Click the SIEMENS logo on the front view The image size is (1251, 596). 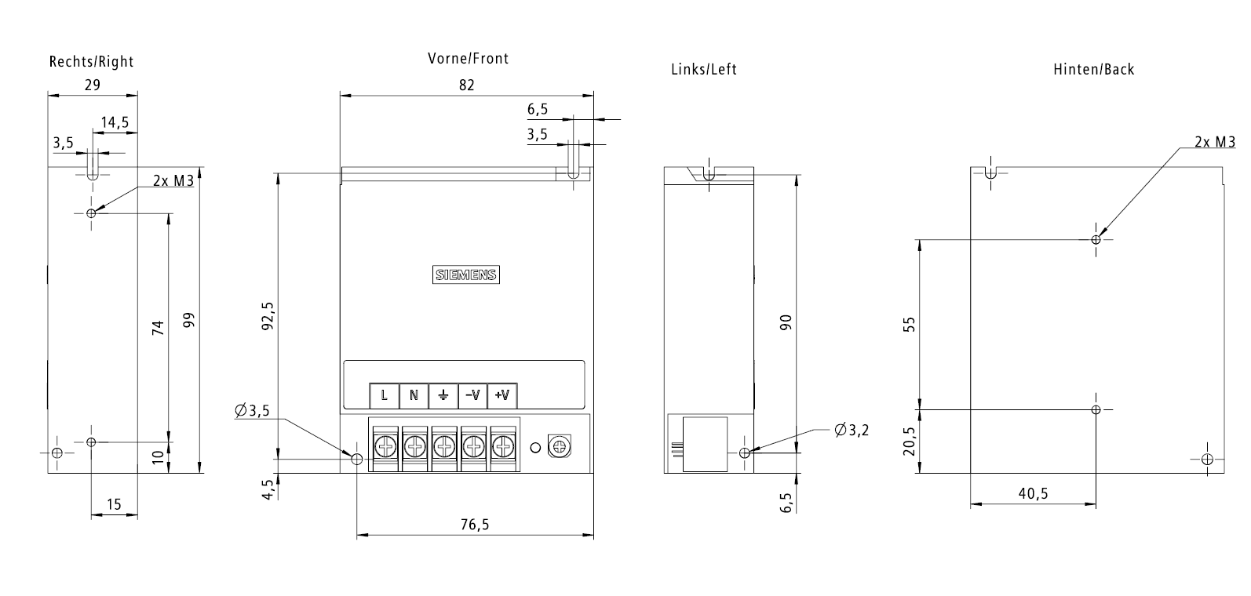[467, 274]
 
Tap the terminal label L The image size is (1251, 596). [385, 395]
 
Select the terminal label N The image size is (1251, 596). [414, 395]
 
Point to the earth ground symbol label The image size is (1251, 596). [443, 395]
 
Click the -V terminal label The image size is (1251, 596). [472, 395]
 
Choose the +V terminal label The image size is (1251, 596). [502, 395]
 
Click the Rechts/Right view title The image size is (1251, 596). [92, 61]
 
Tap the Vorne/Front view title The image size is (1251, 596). [468, 58]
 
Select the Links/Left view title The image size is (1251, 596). [704, 69]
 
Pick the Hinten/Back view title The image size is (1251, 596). [1093, 69]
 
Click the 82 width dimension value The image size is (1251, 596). [467, 85]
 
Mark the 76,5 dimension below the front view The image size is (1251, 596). [474, 525]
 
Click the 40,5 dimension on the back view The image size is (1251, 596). [1033, 493]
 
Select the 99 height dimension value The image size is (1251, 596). [188, 321]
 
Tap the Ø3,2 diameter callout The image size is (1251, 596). [852, 430]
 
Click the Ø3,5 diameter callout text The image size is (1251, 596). [252, 410]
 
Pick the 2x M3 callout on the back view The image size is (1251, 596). [1215, 142]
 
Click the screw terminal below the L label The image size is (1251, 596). [385, 448]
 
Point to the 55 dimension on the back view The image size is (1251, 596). [910, 324]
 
